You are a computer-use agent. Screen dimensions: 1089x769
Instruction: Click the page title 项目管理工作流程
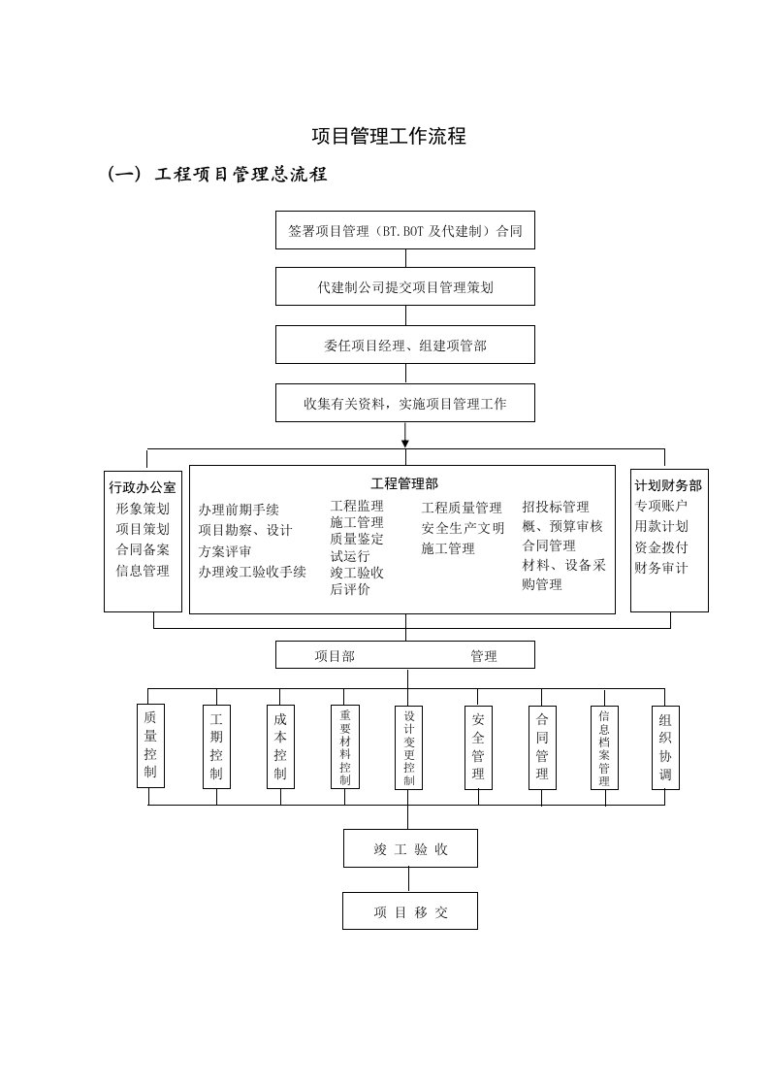point(389,137)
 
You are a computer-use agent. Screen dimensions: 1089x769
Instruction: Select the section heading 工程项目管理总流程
point(240,175)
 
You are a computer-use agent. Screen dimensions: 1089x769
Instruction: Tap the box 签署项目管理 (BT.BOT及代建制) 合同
point(405,231)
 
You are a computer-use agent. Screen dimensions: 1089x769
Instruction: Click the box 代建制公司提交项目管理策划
point(405,287)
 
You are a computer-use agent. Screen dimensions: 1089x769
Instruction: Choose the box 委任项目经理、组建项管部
point(405,346)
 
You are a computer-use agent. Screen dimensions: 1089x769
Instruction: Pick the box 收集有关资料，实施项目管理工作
point(405,403)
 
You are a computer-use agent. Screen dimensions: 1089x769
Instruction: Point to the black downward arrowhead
point(405,443)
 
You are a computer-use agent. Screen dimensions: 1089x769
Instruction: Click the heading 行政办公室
point(143,487)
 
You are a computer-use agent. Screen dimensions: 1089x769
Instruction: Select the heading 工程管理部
point(404,482)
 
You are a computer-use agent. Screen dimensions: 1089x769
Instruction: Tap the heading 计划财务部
point(668,485)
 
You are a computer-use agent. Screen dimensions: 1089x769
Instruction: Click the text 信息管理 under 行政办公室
point(143,571)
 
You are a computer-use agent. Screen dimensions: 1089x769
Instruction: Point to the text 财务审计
point(661,567)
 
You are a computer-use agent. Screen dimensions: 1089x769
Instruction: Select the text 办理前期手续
point(239,510)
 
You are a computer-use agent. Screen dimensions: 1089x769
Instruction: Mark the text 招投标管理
point(556,507)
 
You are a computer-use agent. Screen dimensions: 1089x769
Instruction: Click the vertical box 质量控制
point(149,745)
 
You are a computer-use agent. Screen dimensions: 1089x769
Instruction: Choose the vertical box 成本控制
point(280,745)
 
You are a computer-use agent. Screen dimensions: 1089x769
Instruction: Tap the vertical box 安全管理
point(478,746)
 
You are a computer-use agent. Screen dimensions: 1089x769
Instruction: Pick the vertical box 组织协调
point(665,746)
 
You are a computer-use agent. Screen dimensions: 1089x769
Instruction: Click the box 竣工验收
point(410,848)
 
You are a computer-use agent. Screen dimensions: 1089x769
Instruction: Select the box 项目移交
point(410,911)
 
